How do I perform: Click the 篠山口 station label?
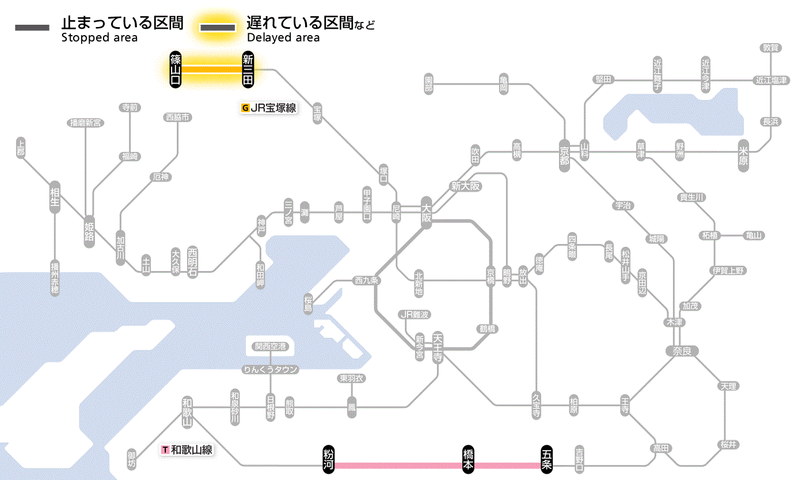tap(176, 70)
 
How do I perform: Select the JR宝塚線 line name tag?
tap(269, 108)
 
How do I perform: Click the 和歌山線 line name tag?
tap(187, 449)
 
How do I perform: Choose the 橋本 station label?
tap(469, 459)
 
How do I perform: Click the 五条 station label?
tap(546, 459)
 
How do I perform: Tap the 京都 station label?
tap(564, 153)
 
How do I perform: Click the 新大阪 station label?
tap(466, 186)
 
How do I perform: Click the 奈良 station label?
tap(682, 350)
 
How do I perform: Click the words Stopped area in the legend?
tap(100, 38)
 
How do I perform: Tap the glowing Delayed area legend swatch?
tap(218, 27)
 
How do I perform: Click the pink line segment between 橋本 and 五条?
tap(507, 465)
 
